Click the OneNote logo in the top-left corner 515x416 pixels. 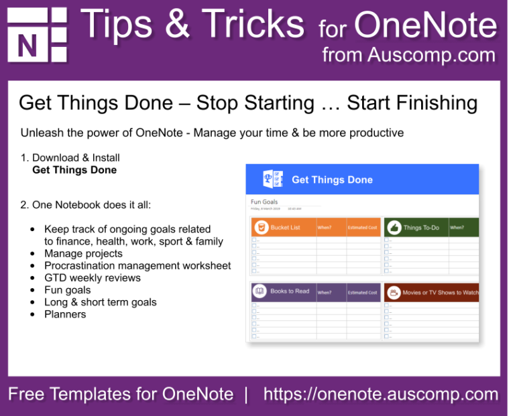(37, 36)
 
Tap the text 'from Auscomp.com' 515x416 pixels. (408, 55)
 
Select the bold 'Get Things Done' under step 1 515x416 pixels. (74, 170)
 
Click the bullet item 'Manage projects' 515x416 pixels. (83, 254)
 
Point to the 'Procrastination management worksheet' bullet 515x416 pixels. (137, 266)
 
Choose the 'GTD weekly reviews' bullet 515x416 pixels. (93, 278)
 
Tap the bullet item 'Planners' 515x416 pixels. (65, 314)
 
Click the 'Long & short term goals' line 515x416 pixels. (100, 302)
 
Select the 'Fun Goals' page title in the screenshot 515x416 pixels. (264, 202)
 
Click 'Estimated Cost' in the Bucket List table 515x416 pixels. (362, 228)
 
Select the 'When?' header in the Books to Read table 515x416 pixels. (325, 293)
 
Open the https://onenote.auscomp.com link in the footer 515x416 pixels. (380, 395)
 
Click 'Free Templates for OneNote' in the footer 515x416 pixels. (121, 395)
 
